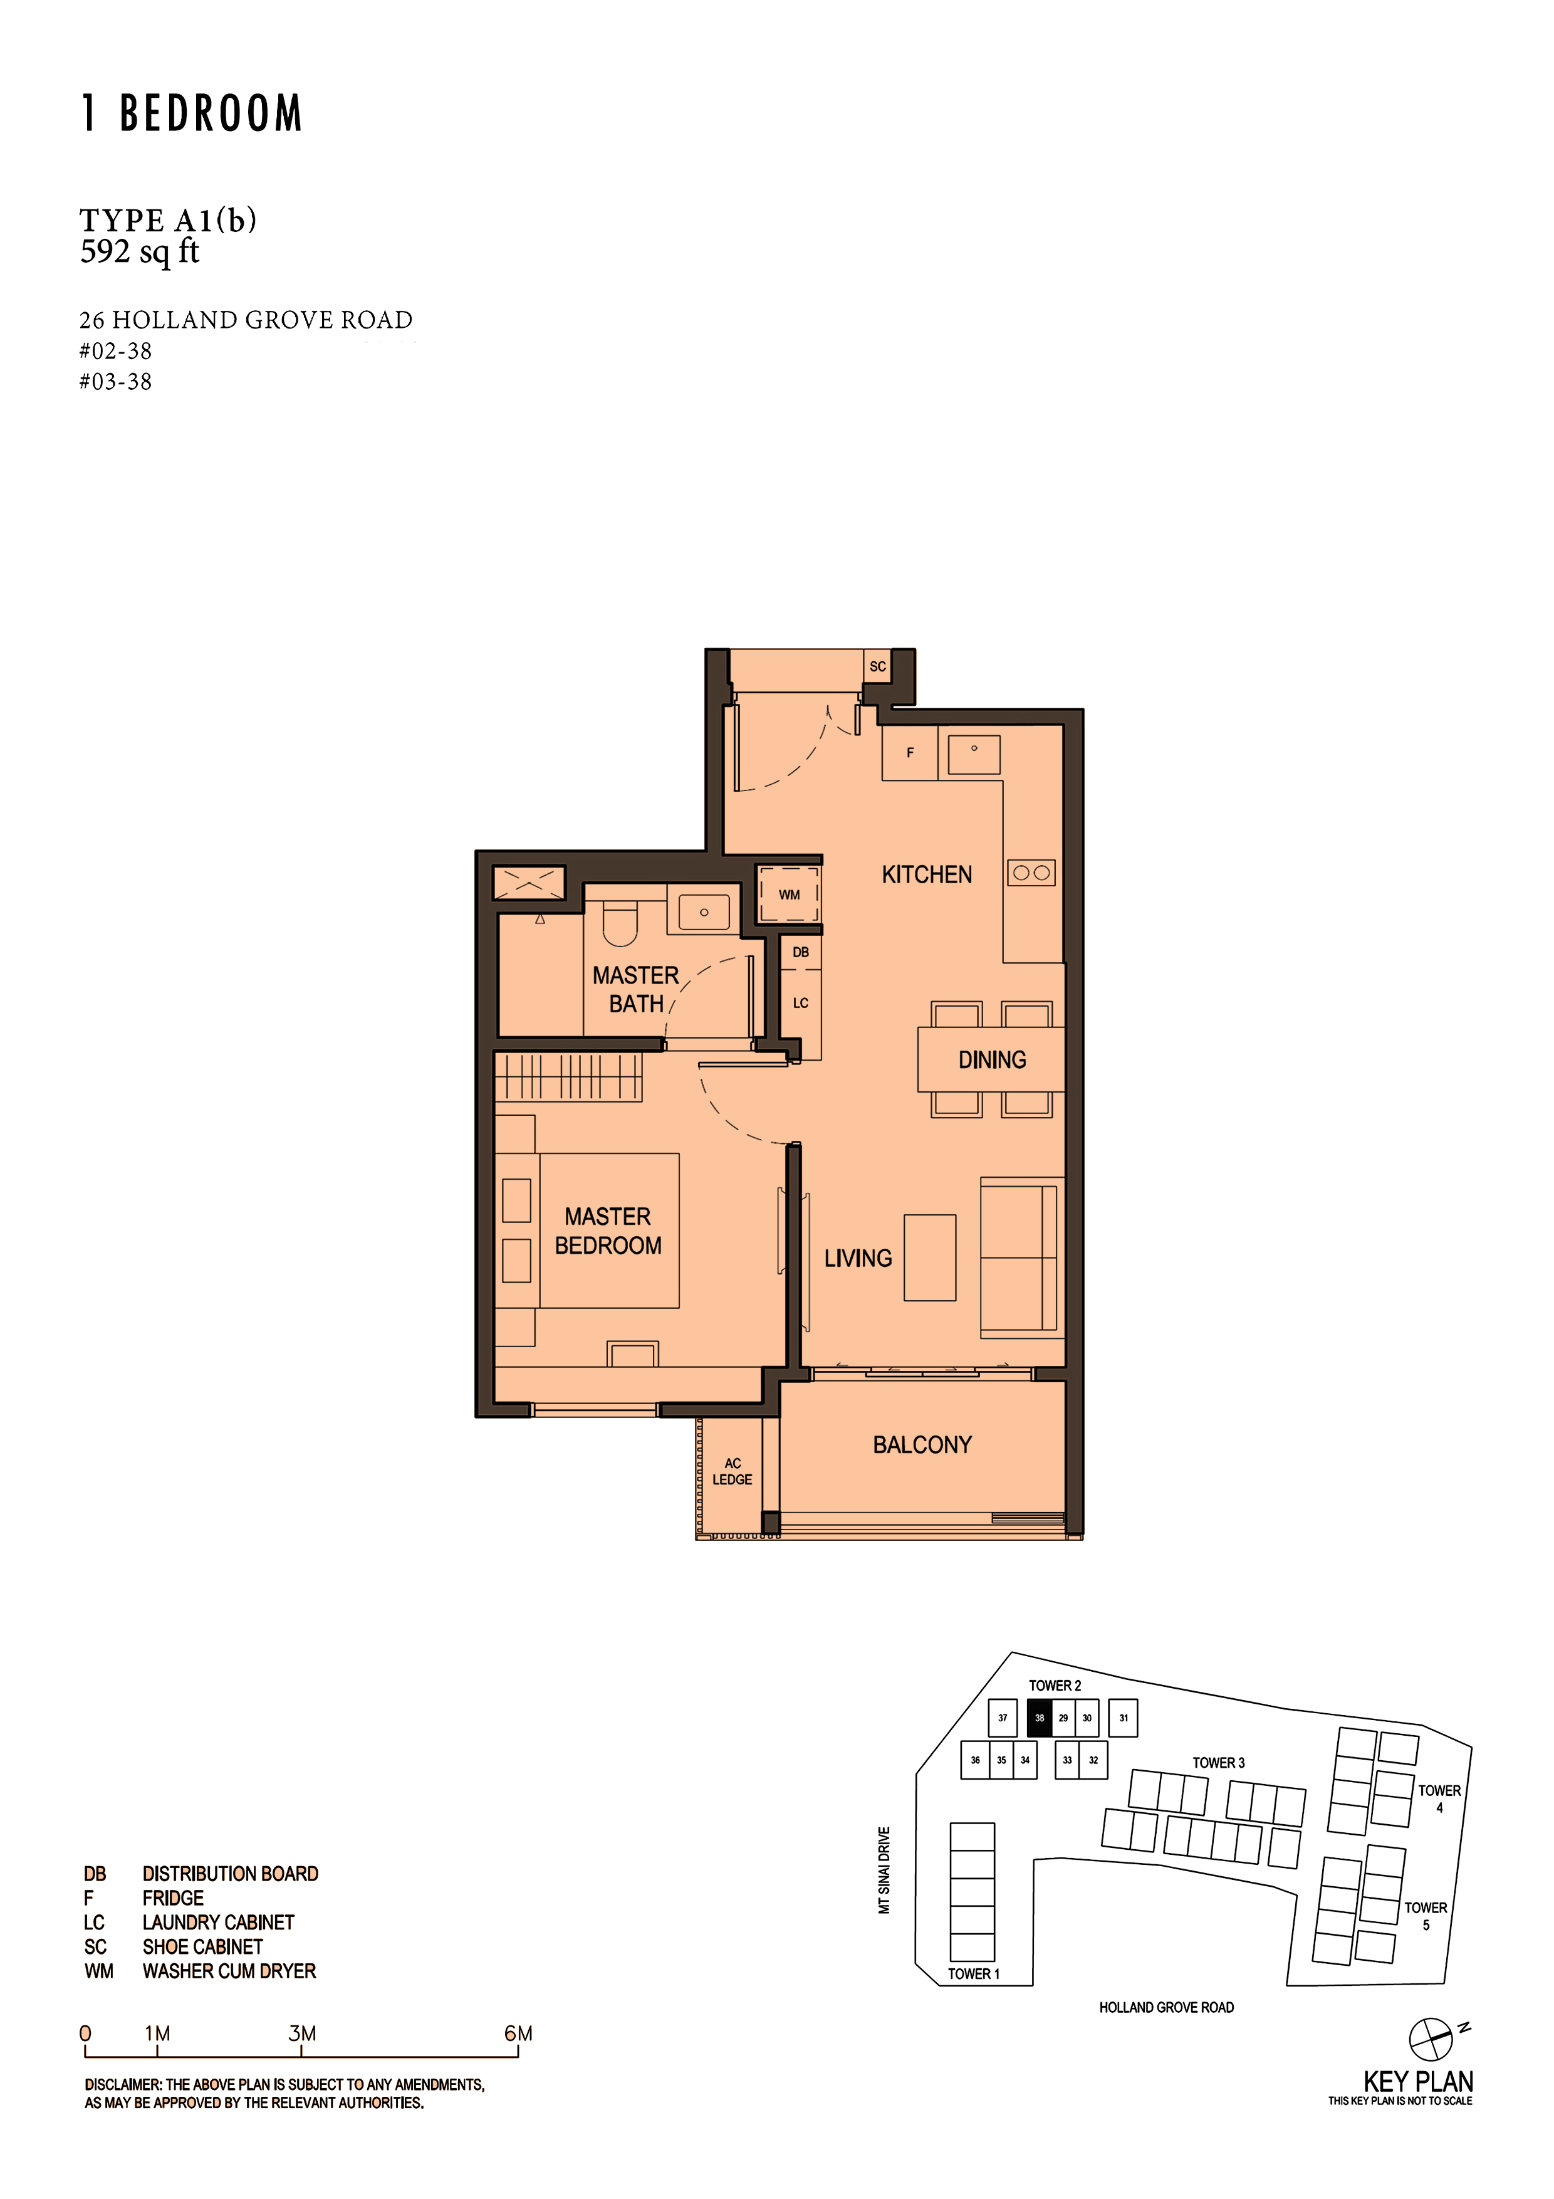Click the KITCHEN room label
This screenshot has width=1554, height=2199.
926,874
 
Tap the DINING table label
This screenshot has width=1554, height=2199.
992,1059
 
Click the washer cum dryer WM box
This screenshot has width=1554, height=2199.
789,895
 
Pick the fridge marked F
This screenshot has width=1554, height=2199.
910,753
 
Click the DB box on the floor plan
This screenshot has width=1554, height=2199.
800,952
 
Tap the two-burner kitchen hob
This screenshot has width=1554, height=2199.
1031,873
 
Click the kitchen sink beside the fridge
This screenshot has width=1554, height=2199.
974,755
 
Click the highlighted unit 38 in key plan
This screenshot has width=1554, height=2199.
1039,1718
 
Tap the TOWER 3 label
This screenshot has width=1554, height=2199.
1218,1762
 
